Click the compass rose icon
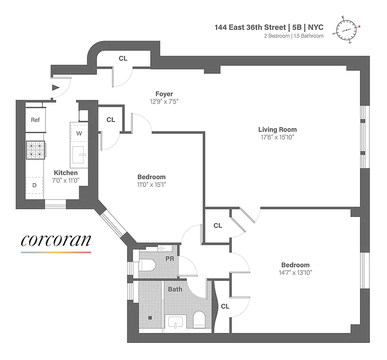tap(347, 30)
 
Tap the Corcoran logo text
tap(56, 240)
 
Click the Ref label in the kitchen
tap(35, 120)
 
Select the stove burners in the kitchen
tap(36, 150)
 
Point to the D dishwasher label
tap(34, 185)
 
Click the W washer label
tap(79, 133)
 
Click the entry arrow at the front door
tap(55, 88)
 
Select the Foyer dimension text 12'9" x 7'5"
tap(164, 102)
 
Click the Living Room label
tap(277, 130)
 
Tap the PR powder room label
tap(171, 260)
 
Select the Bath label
tap(175, 289)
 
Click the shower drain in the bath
tap(150, 317)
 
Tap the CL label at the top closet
tap(123, 58)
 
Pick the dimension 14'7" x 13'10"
tap(295, 272)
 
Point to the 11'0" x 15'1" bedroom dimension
tap(151, 184)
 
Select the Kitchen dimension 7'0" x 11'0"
tap(66, 180)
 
